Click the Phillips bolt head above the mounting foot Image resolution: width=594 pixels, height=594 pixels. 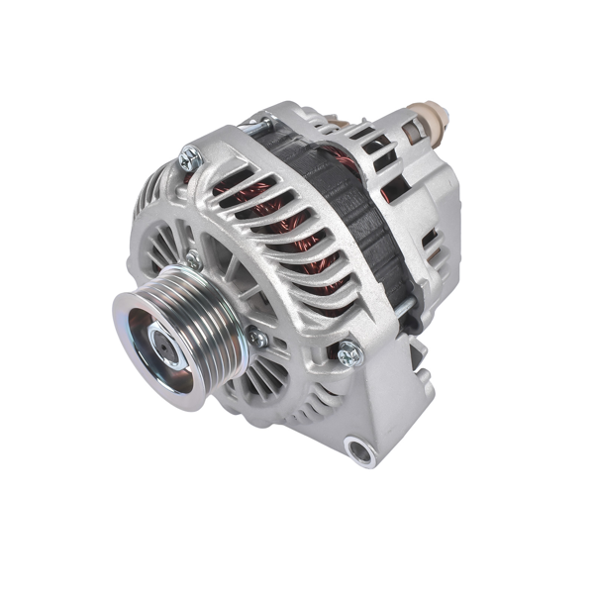(x=347, y=352)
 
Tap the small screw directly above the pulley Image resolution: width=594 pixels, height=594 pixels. (x=193, y=259)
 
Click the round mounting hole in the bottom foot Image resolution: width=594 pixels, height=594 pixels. (x=362, y=452)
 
